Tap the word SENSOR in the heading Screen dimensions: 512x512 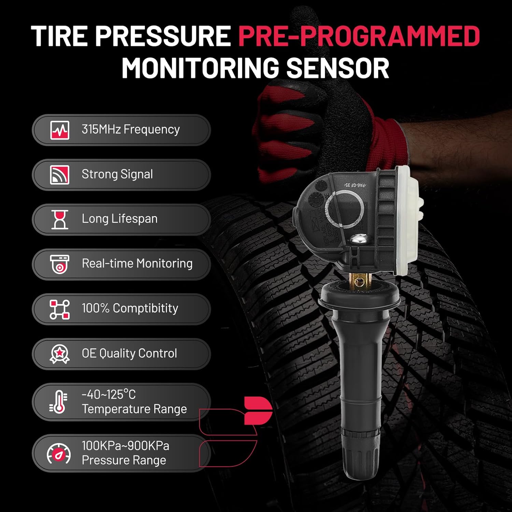pyautogui.click(x=338, y=68)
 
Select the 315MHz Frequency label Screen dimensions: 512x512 pyautogui.click(x=130, y=129)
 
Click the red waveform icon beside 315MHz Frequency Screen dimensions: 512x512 pyautogui.click(x=60, y=130)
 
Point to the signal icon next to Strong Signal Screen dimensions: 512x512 pyautogui.click(x=60, y=175)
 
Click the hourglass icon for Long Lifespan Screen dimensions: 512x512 pyautogui.click(x=60, y=219)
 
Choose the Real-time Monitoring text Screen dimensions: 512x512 pyautogui.click(x=137, y=264)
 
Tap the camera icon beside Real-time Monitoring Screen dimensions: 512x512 pyautogui.click(x=60, y=264)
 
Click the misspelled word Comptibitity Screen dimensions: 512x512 pyautogui.click(x=145, y=308)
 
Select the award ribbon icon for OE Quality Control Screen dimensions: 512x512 pyautogui.click(x=60, y=354)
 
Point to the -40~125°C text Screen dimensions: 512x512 pyautogui.click(x=109, y=395)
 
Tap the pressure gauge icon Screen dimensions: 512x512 pyautogui.click(x=59, y=454)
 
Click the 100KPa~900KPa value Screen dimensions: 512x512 pyautogui.click(x=125, y=446)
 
